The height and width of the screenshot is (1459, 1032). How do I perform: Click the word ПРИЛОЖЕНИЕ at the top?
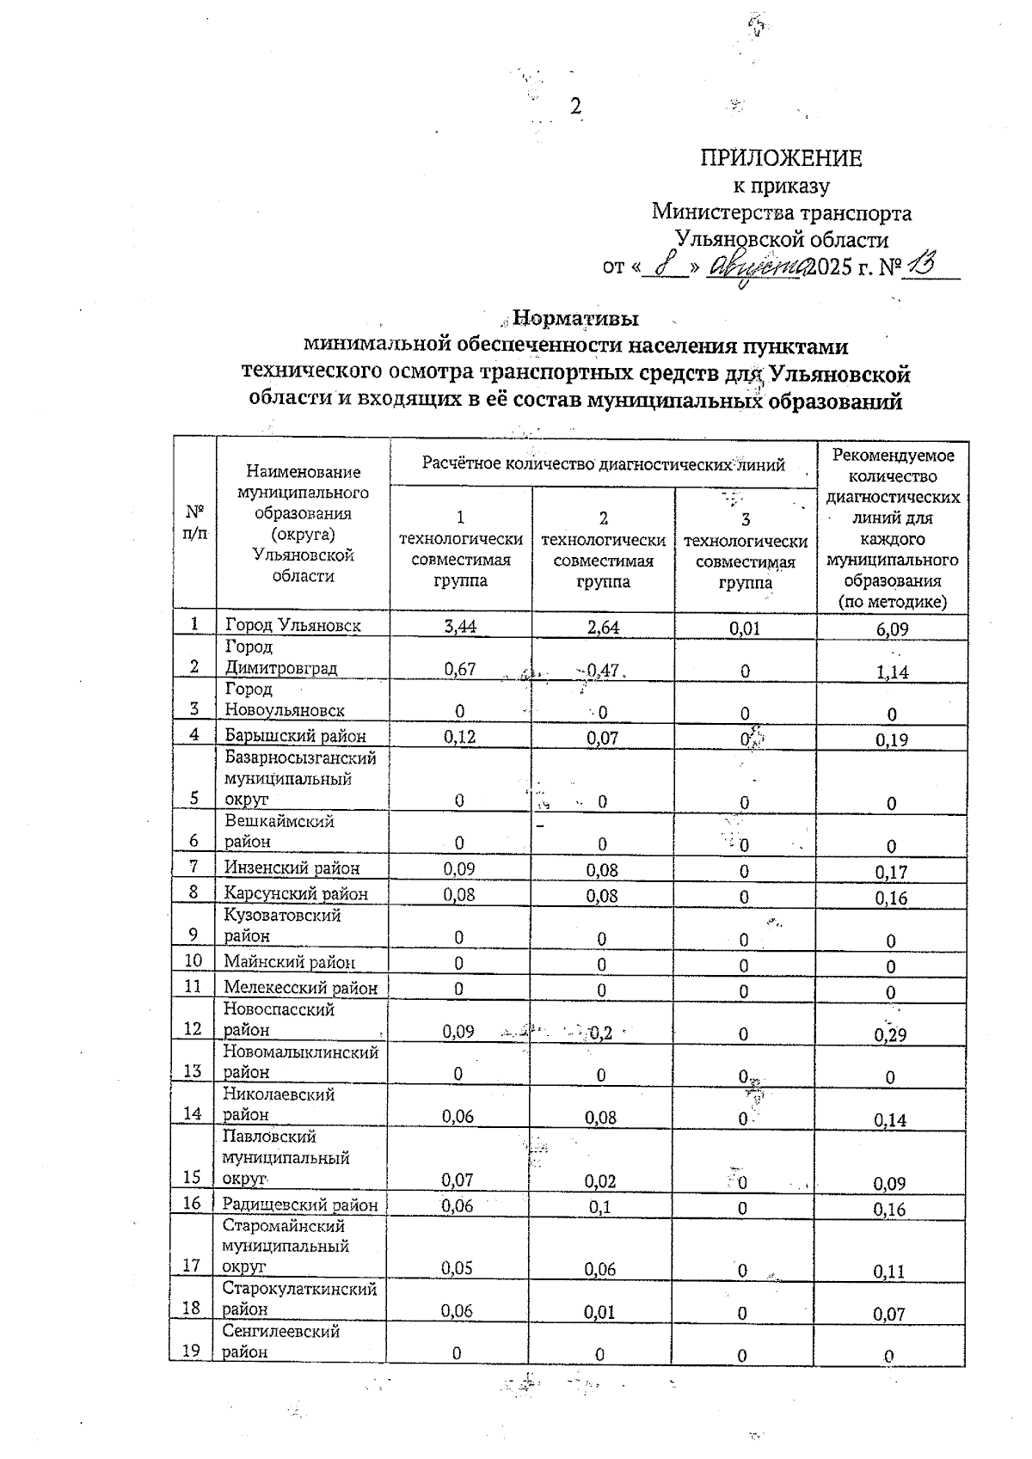[x=780, y=158]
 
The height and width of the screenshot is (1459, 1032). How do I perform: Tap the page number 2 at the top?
[x=576, y=107]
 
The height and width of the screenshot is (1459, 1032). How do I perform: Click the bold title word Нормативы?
[x=575, y=319]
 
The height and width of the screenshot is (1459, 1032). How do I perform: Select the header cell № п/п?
[x=195, y=522]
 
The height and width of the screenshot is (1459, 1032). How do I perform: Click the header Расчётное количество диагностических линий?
[x=603, y=464]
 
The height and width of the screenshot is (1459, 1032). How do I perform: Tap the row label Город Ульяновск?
[x=292, y=626]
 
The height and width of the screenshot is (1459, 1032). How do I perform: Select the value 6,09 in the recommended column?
[x=892, y=629]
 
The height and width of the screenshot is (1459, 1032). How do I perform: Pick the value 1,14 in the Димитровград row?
[x=892, y=672]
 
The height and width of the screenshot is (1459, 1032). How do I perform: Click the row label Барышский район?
[x=295, y=736]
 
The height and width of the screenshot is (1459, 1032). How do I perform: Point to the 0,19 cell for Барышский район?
[x=892, y=739]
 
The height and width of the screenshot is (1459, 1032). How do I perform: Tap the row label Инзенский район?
[x=292, y=868]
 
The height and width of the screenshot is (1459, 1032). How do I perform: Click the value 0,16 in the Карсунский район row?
[x=892, y=898]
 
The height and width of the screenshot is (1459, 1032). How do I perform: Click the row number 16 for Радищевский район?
[x=193, y=1204]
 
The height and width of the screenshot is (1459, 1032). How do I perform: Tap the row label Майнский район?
[x=289, y=963]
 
